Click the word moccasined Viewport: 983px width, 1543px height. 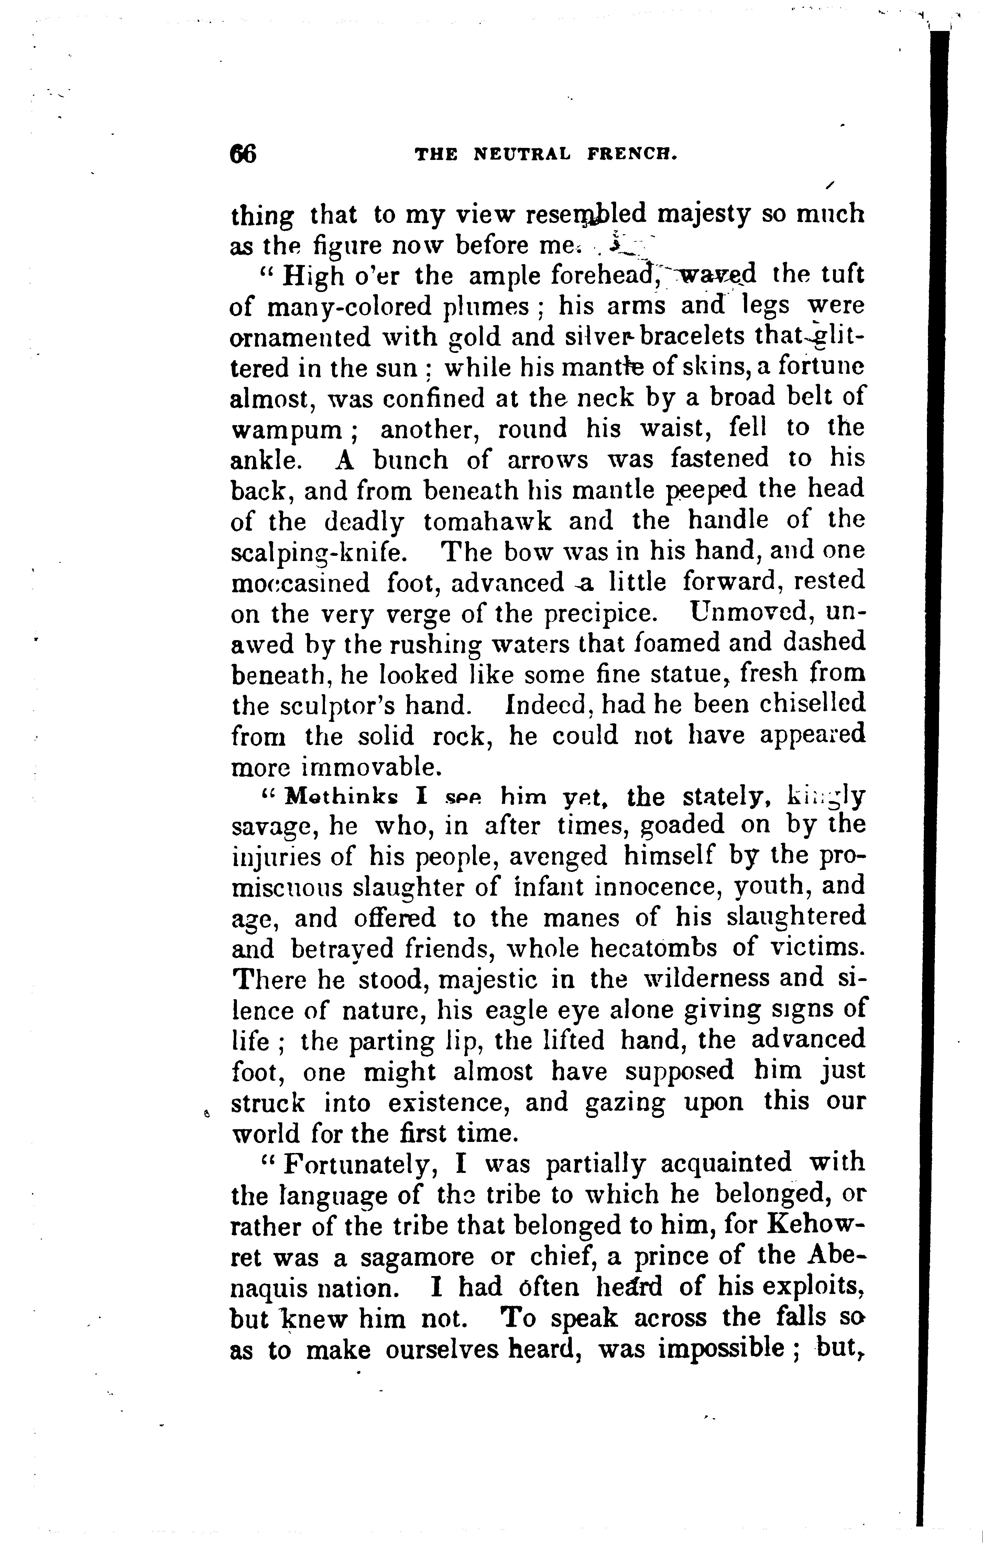pos(300,583)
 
